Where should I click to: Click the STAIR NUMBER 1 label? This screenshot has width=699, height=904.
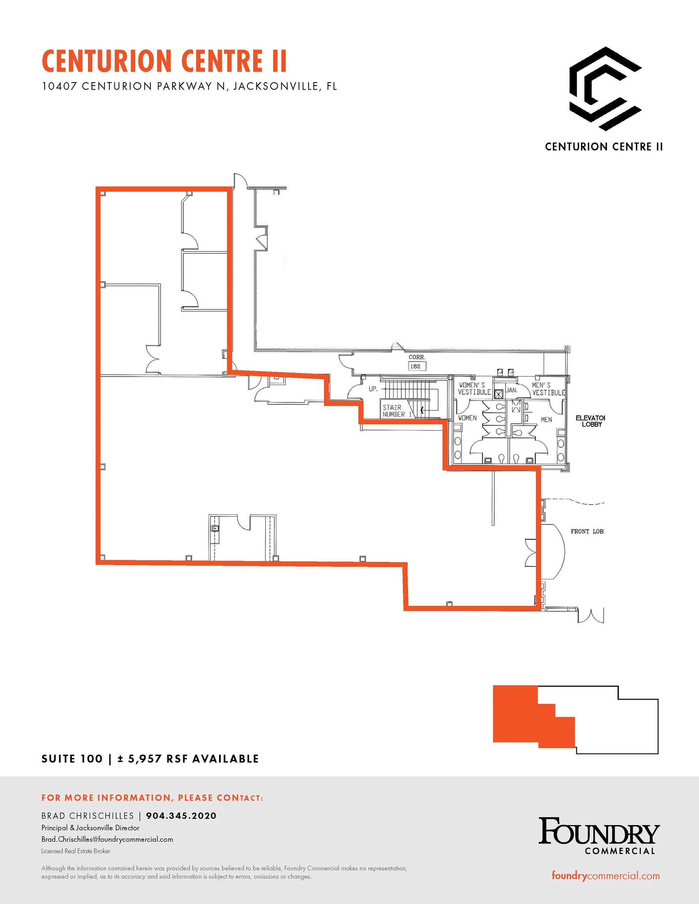pos(397,411)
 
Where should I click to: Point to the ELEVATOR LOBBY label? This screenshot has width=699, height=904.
pos(590,421)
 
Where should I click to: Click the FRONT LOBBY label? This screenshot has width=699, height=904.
pos(587,531)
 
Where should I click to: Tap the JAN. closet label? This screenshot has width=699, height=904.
pos(511,390)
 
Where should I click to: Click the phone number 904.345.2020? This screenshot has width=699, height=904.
pos(181,816)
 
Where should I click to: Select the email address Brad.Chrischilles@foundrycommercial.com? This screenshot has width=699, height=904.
pos(107,839)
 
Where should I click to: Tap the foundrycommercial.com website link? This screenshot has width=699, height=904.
pos(605,876)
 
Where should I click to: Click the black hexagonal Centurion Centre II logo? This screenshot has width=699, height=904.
pos(605,89)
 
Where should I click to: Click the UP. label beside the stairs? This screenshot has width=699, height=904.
pos(373,389)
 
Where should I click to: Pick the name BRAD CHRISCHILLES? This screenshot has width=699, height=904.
pos(87,816)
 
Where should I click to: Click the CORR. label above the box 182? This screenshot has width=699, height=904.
pos(417,357)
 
